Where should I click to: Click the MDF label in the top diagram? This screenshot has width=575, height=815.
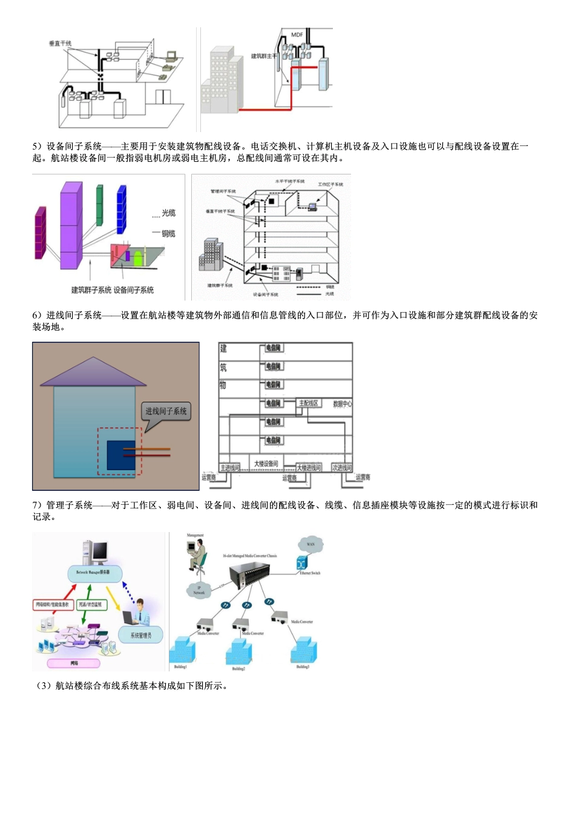tap(297, 35)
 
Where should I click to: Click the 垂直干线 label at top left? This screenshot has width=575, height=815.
tap(60, 44)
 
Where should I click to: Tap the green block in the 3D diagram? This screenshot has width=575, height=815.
tap(99, 205)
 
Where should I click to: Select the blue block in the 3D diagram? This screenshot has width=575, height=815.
tap(121, 209)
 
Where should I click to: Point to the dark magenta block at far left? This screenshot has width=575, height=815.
tap(41, 233)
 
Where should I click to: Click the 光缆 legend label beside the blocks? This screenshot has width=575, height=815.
tap(168, 213)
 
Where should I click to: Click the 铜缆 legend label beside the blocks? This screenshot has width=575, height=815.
tap(168, 234)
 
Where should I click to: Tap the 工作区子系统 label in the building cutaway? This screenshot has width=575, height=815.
tap(330, 184)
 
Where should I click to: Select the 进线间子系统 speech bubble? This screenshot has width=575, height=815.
tap(166, 411)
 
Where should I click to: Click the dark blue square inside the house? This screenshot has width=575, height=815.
tap(121, 454)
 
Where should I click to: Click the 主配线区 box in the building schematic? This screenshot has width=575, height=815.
tap(309, 404)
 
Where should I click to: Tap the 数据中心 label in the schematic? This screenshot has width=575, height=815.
tap(342, 404)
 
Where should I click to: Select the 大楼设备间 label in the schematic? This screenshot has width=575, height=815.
tap(266, 464)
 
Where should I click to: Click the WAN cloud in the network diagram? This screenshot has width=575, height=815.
tap(310, 544)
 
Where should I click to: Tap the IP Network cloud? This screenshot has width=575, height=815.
tap(199, 590)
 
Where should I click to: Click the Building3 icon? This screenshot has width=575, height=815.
tap(303, 651)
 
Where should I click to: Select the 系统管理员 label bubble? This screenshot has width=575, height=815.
tap(141, 635)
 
